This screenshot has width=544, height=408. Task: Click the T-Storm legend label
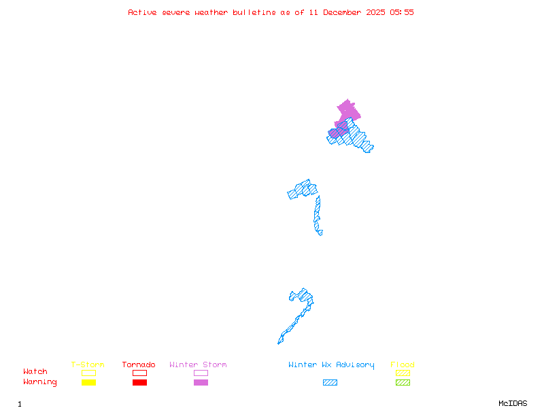pos(88,364)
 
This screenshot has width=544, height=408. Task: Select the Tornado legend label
pos(139,364)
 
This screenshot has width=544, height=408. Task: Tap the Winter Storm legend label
pos(198,364)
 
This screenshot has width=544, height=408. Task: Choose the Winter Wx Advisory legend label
pos(331,364)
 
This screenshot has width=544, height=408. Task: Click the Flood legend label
pos(403,364)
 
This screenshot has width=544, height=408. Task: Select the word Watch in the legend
pos(35,372)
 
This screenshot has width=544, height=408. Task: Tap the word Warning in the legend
pos(40,382)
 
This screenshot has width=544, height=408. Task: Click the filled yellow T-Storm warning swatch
pos(88,382)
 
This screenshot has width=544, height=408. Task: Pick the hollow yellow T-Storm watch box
pos(88,373)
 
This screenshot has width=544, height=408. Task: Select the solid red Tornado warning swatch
pos(139,382)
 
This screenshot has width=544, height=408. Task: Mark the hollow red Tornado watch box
pos(139,373)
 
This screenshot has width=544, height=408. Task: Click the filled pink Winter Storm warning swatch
pos(201,382)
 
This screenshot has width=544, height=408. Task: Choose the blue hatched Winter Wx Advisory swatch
pos(330,382)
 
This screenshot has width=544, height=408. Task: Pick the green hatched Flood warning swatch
pos(403,382)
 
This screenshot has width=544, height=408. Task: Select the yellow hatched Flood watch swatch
pos(403,373)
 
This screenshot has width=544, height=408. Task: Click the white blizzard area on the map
pos(324,232)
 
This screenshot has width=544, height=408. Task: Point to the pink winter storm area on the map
pos(347,111)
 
